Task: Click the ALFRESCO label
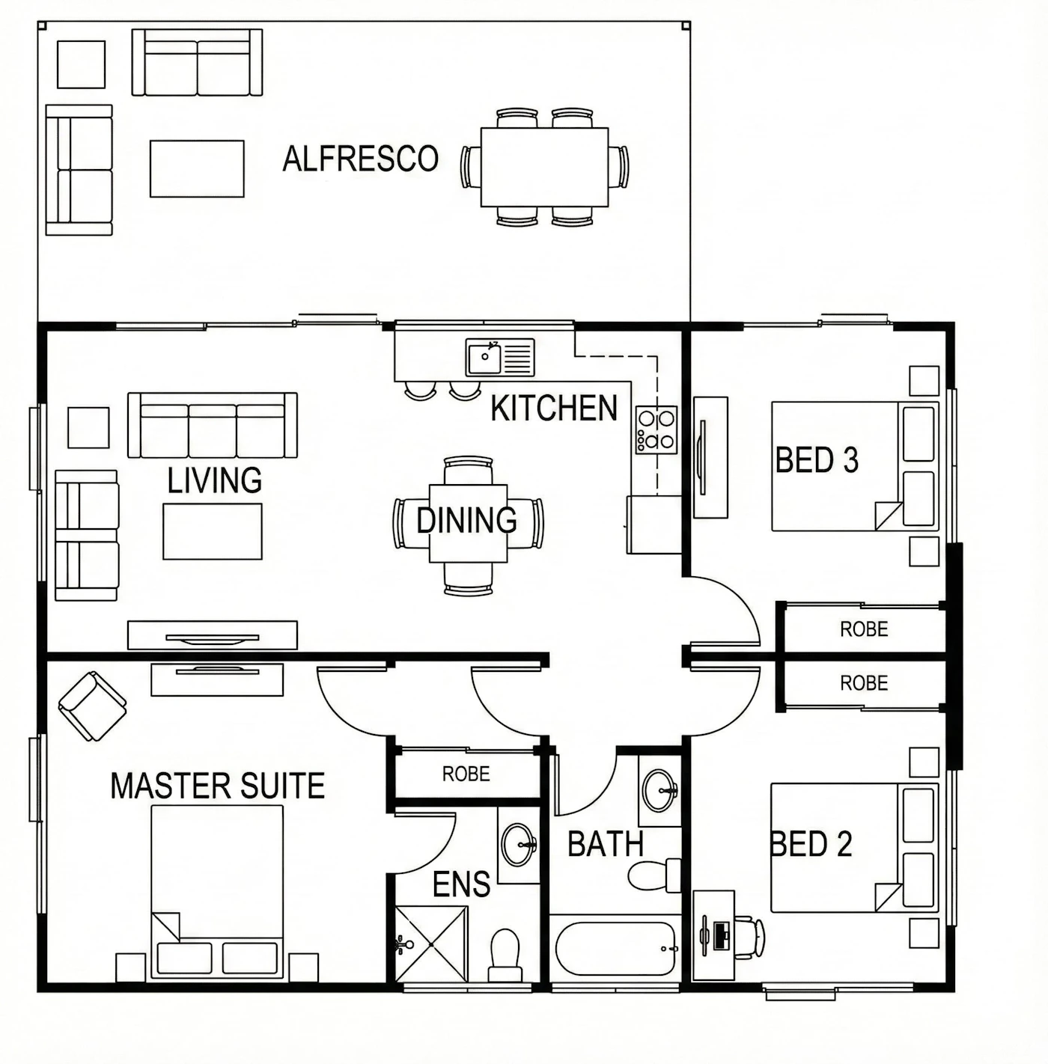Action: [360, 159]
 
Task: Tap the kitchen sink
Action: [500, 357]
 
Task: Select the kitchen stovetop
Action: [656, 430]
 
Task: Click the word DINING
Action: [466, 520]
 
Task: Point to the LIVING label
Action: [215, 480]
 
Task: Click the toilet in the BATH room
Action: [655, 875]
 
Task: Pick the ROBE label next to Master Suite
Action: [466, 774]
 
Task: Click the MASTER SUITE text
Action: [218, 786]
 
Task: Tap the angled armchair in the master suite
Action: [92, 706]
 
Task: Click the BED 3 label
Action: [817, 459]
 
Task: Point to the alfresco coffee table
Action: [197, 168]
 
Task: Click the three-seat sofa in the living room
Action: [212, 425]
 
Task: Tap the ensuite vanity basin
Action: [520, 843]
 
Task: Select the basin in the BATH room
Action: [660, 790]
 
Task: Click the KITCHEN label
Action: [553, 408]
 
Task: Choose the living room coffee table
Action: [212, 531]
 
